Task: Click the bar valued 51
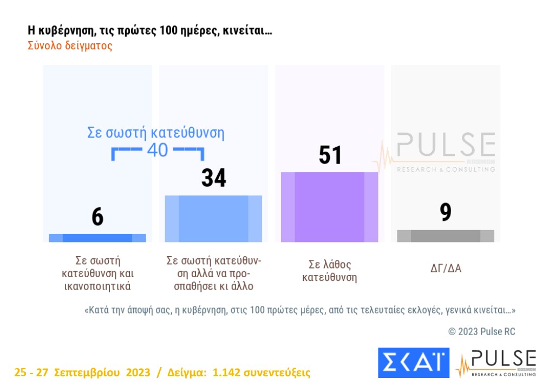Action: [329, 207]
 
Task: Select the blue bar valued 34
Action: [213, 219]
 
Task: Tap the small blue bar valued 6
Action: [97, 238]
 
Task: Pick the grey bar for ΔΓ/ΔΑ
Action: [445, 236]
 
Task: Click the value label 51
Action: [330, 155]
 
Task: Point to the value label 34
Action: [213, 178]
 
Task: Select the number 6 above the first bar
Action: [97, 217]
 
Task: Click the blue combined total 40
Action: [158, 150]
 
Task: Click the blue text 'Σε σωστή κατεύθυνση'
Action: [155, 133]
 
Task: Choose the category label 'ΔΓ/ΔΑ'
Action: [445, 268]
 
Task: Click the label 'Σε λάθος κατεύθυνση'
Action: [330, 271]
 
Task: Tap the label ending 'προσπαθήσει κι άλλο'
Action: [213, 273]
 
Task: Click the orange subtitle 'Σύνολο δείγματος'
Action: [70, 45]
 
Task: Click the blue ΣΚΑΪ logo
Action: [413, 362]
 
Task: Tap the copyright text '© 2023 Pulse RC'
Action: [481, 331]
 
